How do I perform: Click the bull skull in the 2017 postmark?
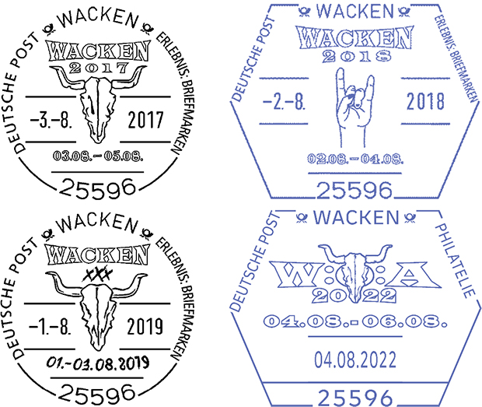(98, 104)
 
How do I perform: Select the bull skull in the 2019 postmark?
(97, 311)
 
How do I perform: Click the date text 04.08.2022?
(355, 360)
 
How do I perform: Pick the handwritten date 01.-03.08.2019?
(98, 363)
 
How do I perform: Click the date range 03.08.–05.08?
(98, 156)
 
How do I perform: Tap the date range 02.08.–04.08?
(355, 159)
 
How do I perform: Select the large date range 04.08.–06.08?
(355, 321)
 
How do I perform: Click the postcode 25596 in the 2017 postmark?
(97, 188)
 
